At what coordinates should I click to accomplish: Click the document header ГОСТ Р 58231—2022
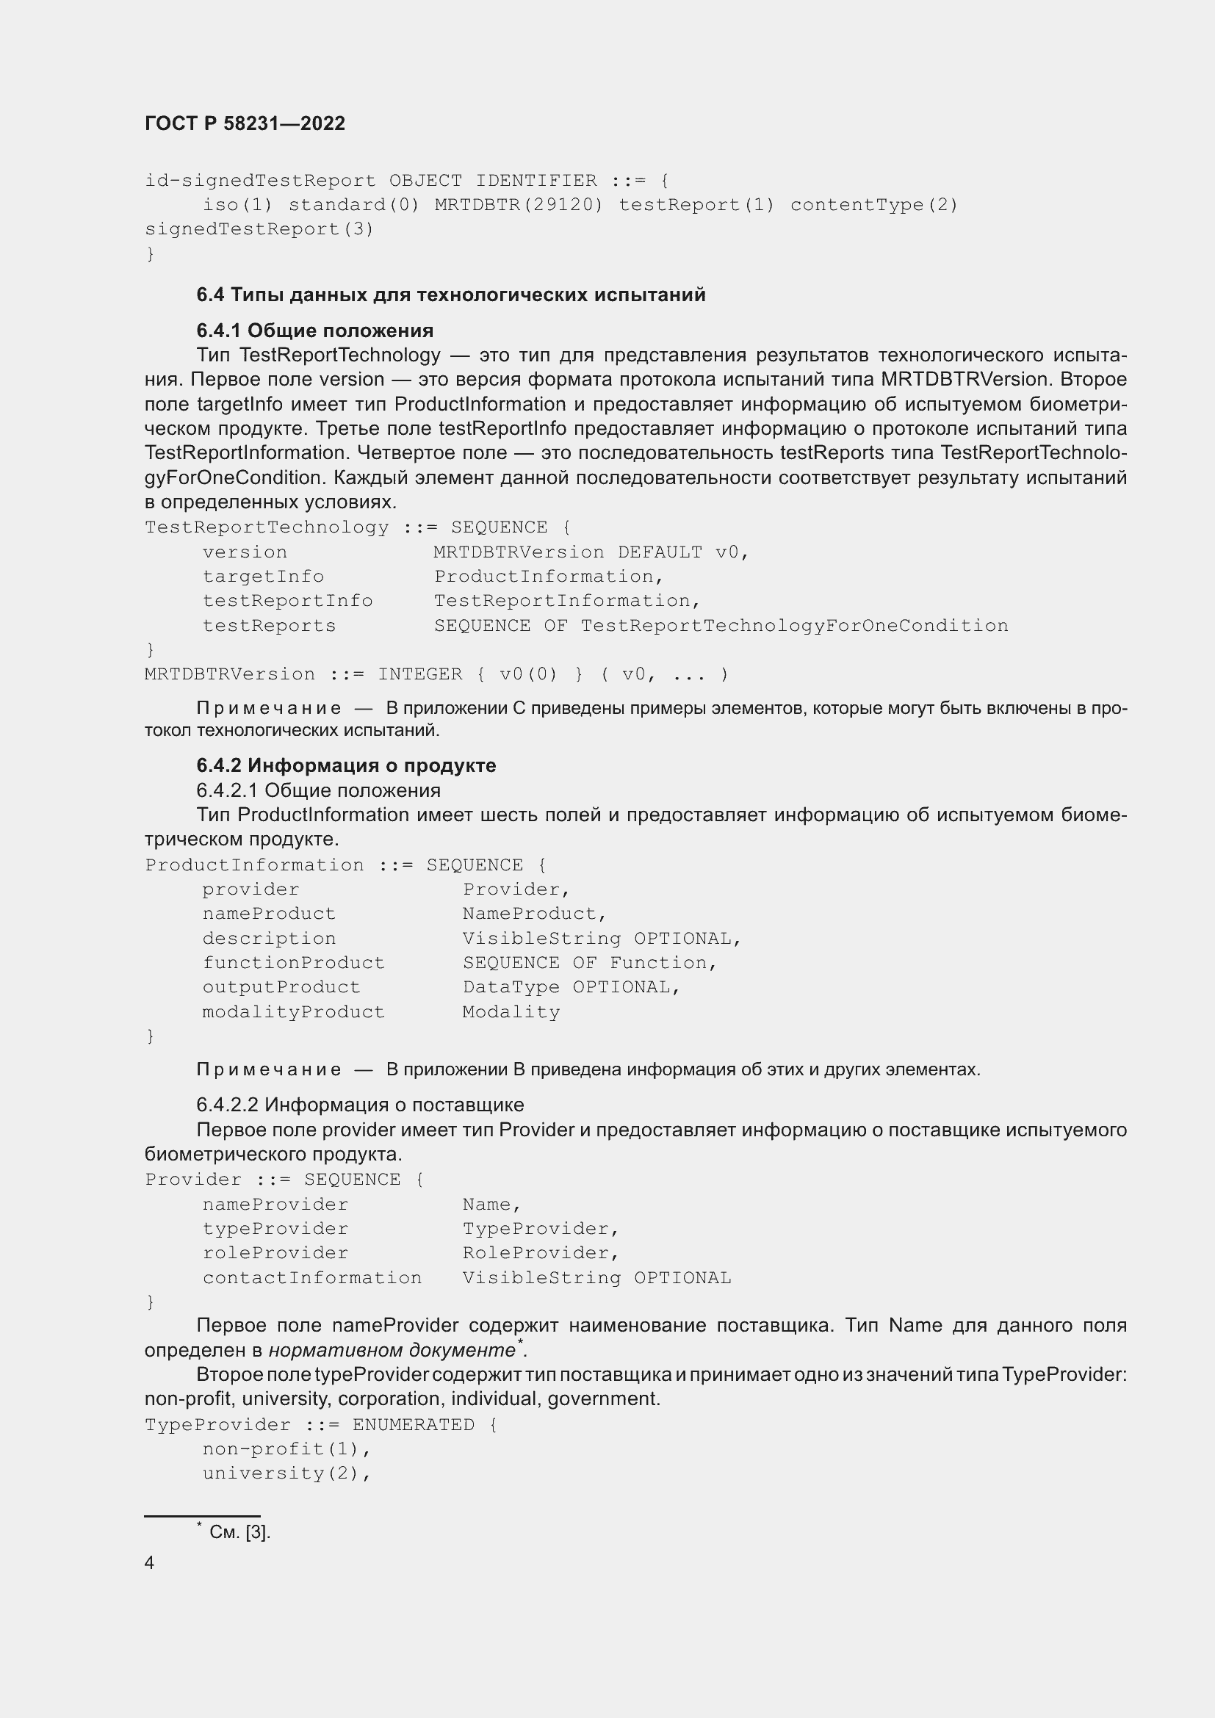[245, 123]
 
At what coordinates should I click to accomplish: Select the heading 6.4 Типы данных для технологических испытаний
[450, 295]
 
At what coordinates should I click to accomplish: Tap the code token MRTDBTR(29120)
[519, 204]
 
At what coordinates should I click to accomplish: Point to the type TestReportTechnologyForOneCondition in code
[794, 626]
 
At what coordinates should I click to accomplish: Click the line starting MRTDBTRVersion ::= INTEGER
[436, 674]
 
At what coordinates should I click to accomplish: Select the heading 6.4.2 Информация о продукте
[346, 765]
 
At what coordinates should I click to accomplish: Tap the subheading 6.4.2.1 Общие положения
[318, 790]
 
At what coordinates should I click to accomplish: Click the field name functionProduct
[293, 962]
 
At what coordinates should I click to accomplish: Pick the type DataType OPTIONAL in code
[571, 987]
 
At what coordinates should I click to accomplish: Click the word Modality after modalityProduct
[511, 1011]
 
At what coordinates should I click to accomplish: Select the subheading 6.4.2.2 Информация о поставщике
[360, 1105]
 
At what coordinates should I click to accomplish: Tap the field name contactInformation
[312, 1277]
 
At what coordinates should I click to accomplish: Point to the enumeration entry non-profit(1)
[286, 1448]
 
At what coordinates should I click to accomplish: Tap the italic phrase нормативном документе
[392, 1350]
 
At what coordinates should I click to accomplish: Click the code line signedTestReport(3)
[259, 229]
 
